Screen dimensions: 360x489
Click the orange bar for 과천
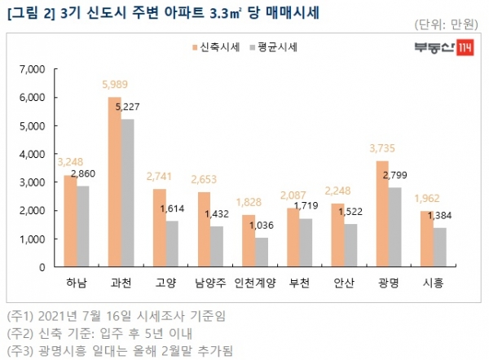(x=115, y=182)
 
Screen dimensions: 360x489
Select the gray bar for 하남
(x=82, y=226)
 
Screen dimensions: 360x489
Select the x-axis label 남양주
(x=209, y=283)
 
